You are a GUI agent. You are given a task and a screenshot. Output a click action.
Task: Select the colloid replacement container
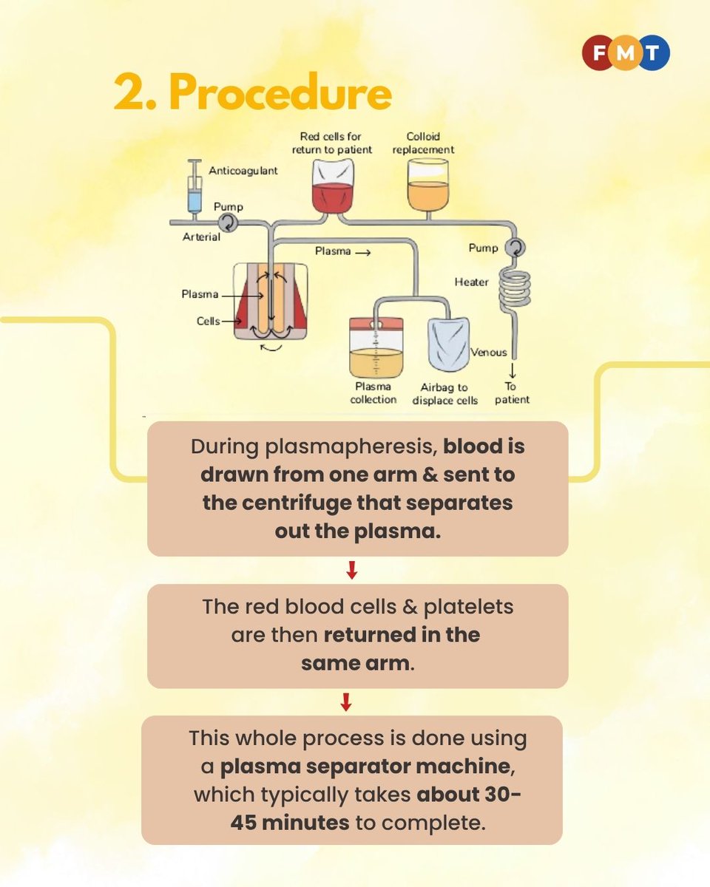pyautogui.click(x=427, y=186)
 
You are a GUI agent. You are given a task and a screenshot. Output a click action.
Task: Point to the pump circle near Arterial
pyautogui.click(x=228, y=223)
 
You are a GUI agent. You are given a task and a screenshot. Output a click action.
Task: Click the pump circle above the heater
pyautogui.click(x=515, y=248)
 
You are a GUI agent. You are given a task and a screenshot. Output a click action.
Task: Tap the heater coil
pyautogui.click(x=515, y=290)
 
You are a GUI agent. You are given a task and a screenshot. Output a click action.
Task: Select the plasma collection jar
pyautogui.click(x=376, y=347)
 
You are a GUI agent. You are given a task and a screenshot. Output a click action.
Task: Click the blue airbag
pyautogui.click(x=449, y=344)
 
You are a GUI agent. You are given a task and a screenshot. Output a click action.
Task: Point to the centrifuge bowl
pyautogui.click(x=271, y=302)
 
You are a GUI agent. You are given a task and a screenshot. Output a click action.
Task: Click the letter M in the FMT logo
pyautogui.click(x=626, y=52)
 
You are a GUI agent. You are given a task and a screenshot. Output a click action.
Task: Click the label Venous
pyautogui.click(x=489, y=353)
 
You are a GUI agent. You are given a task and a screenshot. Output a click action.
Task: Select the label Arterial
pyautogui.click(x=201, y=237)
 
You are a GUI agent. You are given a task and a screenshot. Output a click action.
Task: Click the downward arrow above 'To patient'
pyautogui.click(x=513, y=370)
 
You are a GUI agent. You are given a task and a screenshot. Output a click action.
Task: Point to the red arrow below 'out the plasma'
pyautogui.click(x=351, y=570)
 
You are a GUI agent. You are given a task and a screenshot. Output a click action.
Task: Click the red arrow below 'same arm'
pyautogui.click(x=345, y=702)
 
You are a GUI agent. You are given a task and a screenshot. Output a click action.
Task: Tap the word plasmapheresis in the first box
pyautogui.click(x=351, y=447)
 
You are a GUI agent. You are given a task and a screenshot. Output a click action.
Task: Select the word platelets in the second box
pyautogui.click(x=469, y=607)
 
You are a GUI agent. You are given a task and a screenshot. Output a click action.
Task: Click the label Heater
pyautogui.click(x=472, y=282)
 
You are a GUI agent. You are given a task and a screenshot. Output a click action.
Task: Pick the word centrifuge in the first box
pyautogui.click(x=297, y=503)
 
